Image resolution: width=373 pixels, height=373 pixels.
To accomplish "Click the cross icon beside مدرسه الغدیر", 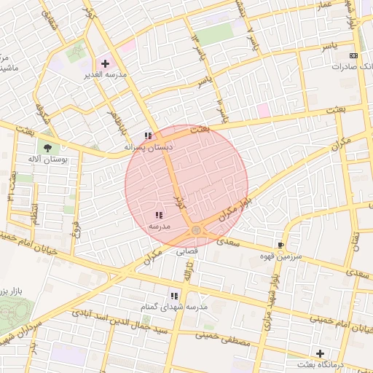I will [x=105, y=64].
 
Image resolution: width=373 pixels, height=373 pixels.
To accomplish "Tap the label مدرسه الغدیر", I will [x=107, y=75].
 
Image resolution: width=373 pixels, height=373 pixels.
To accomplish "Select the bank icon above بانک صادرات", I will [x=354, y=55].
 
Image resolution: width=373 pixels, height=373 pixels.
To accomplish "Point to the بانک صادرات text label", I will [x=352, y=66].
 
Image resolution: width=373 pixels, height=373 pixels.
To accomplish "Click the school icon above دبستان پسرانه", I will [x=148, y=136].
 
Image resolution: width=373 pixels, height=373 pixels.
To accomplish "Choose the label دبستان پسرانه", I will [x=149, y=146].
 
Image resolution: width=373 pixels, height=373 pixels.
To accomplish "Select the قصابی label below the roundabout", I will [x=189, y=252].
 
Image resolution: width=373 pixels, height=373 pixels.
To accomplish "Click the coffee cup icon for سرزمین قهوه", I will [x=281, y=246].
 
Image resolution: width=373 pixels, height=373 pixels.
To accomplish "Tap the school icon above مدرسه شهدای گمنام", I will [x=174, y=296].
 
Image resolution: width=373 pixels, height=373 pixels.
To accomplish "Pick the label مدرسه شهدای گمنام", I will [x=176, y=307].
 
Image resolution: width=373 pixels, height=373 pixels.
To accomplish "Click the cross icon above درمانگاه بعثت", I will [x=320, y=353].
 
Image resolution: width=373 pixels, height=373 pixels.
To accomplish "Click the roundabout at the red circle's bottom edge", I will [x=196, y=231].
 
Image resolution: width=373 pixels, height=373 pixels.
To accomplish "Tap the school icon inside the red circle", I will [x=159, y=215].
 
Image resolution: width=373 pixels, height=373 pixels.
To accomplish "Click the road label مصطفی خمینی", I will [x=223, y=340].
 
